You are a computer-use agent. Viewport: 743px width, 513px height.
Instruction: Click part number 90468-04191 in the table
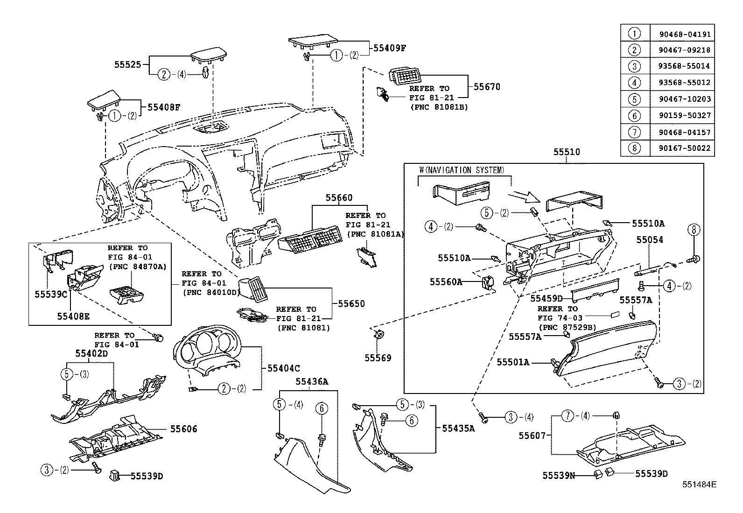pyautogui.click(x=685, y=34)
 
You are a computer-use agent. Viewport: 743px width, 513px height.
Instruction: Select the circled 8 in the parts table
pyautogui.click(x=634, y=148)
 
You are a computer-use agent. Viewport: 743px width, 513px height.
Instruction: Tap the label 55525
pyautogui.click(x=127, y=64)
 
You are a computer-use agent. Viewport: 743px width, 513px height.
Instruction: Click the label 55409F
pyautogui.click(x=389, y=48)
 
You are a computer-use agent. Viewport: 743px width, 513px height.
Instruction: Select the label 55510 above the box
pyautogui.click(x=567, y=152)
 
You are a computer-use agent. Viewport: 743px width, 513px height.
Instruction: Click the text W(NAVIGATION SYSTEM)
pyautogui.click(x=462, y=170)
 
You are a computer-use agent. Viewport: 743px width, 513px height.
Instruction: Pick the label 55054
pyautogui.click(x=650, y=239)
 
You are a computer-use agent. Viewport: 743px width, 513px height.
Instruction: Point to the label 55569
pyautogui.click(x=378, y=358)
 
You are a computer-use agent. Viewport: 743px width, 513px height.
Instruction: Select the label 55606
pyautogui.click(x=183, y=429)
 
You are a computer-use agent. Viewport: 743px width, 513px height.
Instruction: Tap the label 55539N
pyautogui.click(x=558, y=476)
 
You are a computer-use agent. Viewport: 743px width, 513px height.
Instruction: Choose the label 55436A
pyautogui.click(x=311, y=381)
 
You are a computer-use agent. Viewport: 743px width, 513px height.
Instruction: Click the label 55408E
pyautogui.click(x=73, y=316)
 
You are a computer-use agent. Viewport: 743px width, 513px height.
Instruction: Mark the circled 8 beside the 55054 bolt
pyautogui.click(x=694, y=229)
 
